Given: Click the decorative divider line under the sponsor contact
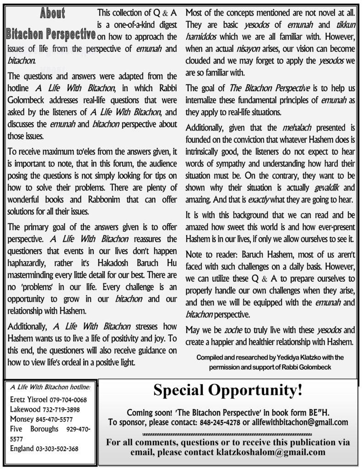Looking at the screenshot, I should pos(227,434).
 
